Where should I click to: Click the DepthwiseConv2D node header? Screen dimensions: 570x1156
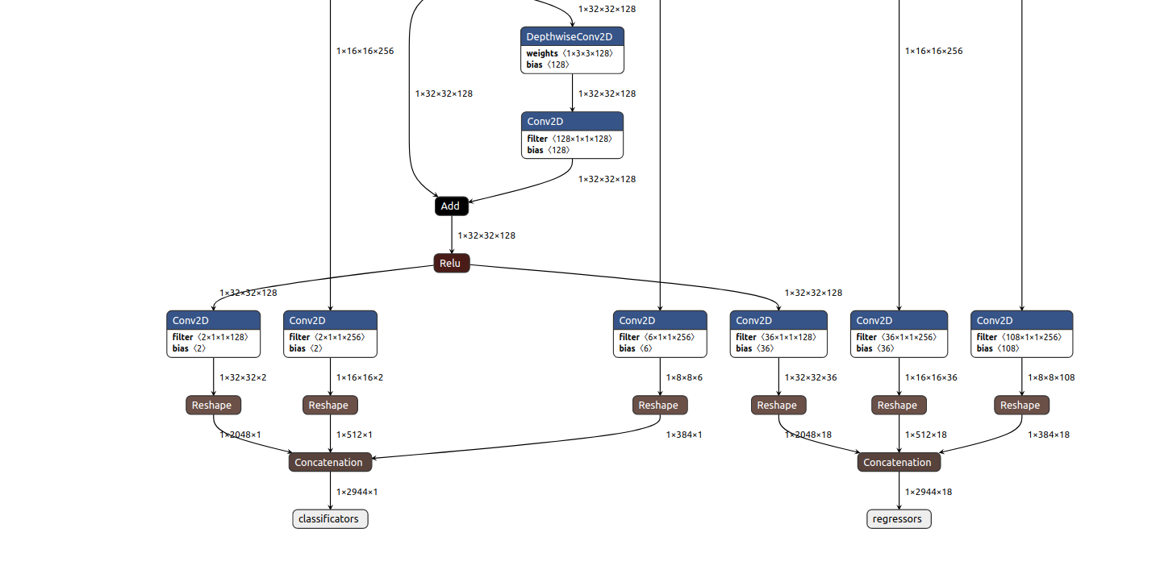tap(572, 37)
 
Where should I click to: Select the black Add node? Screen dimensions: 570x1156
tap(451, 206)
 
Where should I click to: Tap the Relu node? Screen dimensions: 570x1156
tap(451, 264)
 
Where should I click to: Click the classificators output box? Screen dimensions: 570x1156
tap(330, 519)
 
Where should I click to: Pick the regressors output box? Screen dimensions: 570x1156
tap(899, 519)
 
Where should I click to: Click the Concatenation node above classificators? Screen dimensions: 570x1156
tap(330, 463)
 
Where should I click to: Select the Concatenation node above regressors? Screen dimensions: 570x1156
tap(899, 463)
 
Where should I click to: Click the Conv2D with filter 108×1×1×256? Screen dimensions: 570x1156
tap(1021, 321)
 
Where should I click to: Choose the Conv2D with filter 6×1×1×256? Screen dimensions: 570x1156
tap(659, 321)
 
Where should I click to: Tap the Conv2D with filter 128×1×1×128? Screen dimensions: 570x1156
tap(572, 122)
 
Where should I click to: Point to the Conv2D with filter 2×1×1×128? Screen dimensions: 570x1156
tap(213, 321)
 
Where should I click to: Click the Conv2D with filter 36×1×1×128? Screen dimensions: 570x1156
tap(778, 321)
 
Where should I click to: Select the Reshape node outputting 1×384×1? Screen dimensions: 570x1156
tap(660, 406)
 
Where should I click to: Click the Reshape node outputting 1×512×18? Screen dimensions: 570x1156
tap(899, 406)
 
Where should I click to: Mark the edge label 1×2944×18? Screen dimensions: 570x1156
tap(928, 492)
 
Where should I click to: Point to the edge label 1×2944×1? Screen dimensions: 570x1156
tap(357, 492)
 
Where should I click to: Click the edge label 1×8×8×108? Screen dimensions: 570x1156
tap(1051, 377)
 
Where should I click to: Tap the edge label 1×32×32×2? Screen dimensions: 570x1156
tap(243, 377)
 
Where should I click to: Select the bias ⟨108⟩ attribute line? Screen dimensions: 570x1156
tap(998, 348)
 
